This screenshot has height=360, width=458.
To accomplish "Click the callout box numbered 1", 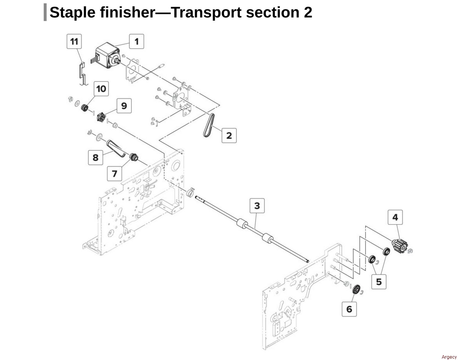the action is point(136,41).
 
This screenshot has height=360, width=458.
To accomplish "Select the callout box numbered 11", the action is point(74,41).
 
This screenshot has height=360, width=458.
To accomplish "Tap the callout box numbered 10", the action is point(101,89).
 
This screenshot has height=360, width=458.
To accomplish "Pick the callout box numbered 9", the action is point(124,106).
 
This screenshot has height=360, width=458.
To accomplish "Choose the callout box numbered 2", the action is point(229,135).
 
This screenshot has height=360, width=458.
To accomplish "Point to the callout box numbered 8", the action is point(96,158).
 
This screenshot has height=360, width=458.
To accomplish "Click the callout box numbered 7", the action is point(114,173).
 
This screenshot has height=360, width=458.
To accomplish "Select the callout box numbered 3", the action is point(257,206).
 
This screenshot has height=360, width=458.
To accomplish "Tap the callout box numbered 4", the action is point(395,217).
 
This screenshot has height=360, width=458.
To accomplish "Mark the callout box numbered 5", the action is point(379,282).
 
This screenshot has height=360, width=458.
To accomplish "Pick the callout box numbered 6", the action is point(349,309).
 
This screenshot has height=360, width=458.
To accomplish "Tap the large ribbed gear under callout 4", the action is point(399,246).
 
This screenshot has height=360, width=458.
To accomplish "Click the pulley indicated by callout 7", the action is point(134,157).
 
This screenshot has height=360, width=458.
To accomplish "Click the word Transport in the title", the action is point(206,12).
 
